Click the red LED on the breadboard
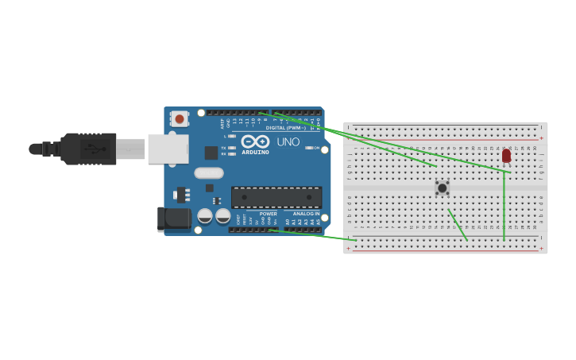pos(506,156)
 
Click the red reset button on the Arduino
pos(180,119)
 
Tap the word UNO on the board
pos(288,142)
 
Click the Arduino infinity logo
pos(255,141)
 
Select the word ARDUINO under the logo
pos(255,152)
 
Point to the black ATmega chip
pos(276,197)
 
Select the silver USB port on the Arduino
pos(168,149)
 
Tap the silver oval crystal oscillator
pos(208,172)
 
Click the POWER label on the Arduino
pos(269,214)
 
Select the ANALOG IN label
pos(306,214)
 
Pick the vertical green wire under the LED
pos(504,205)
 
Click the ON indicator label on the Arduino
pos(315,148)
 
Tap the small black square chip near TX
pos(211,153)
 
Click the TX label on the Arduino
pos(224,148)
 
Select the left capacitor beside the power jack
pos(205,215)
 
